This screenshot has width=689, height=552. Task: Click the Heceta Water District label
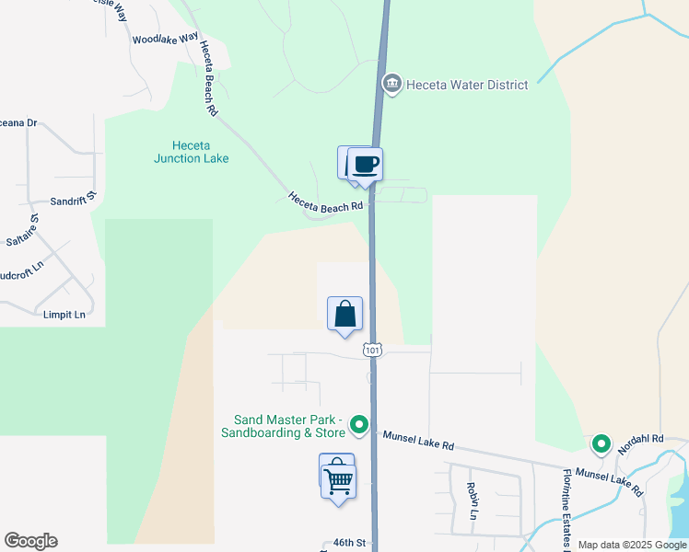pyautogui.click(x=470, y=85)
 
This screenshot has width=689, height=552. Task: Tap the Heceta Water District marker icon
pyautogui.click(x=392, y=85)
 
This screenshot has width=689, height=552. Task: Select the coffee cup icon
pyautogui.click(x=365, y=165)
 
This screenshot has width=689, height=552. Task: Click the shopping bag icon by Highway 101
pyautogui.click(x=344, y=314)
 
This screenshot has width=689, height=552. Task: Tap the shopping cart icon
pyautogui.click(x=339, y=480)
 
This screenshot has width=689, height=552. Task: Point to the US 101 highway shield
pyautogui.click(x=372, y=351)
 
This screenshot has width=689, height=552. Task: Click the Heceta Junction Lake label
pyautogui.click(x=191, y=152)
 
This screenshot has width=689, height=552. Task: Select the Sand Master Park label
pyautogui.click(x=284, y=426)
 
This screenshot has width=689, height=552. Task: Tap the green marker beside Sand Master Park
pyautogui.click(x=360, y=426)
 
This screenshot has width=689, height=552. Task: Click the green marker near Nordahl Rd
pyautogui.click(x=601, y=445)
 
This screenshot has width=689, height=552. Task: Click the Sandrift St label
pyautogui.click(x=73, y=200)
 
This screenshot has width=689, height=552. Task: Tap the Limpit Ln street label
pyautogui.click(x=64, y=315)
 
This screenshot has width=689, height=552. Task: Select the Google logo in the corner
pyautogui.click(x=30, y=541)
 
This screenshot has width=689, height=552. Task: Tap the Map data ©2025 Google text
pyautogui.click(x=632, y=545)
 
